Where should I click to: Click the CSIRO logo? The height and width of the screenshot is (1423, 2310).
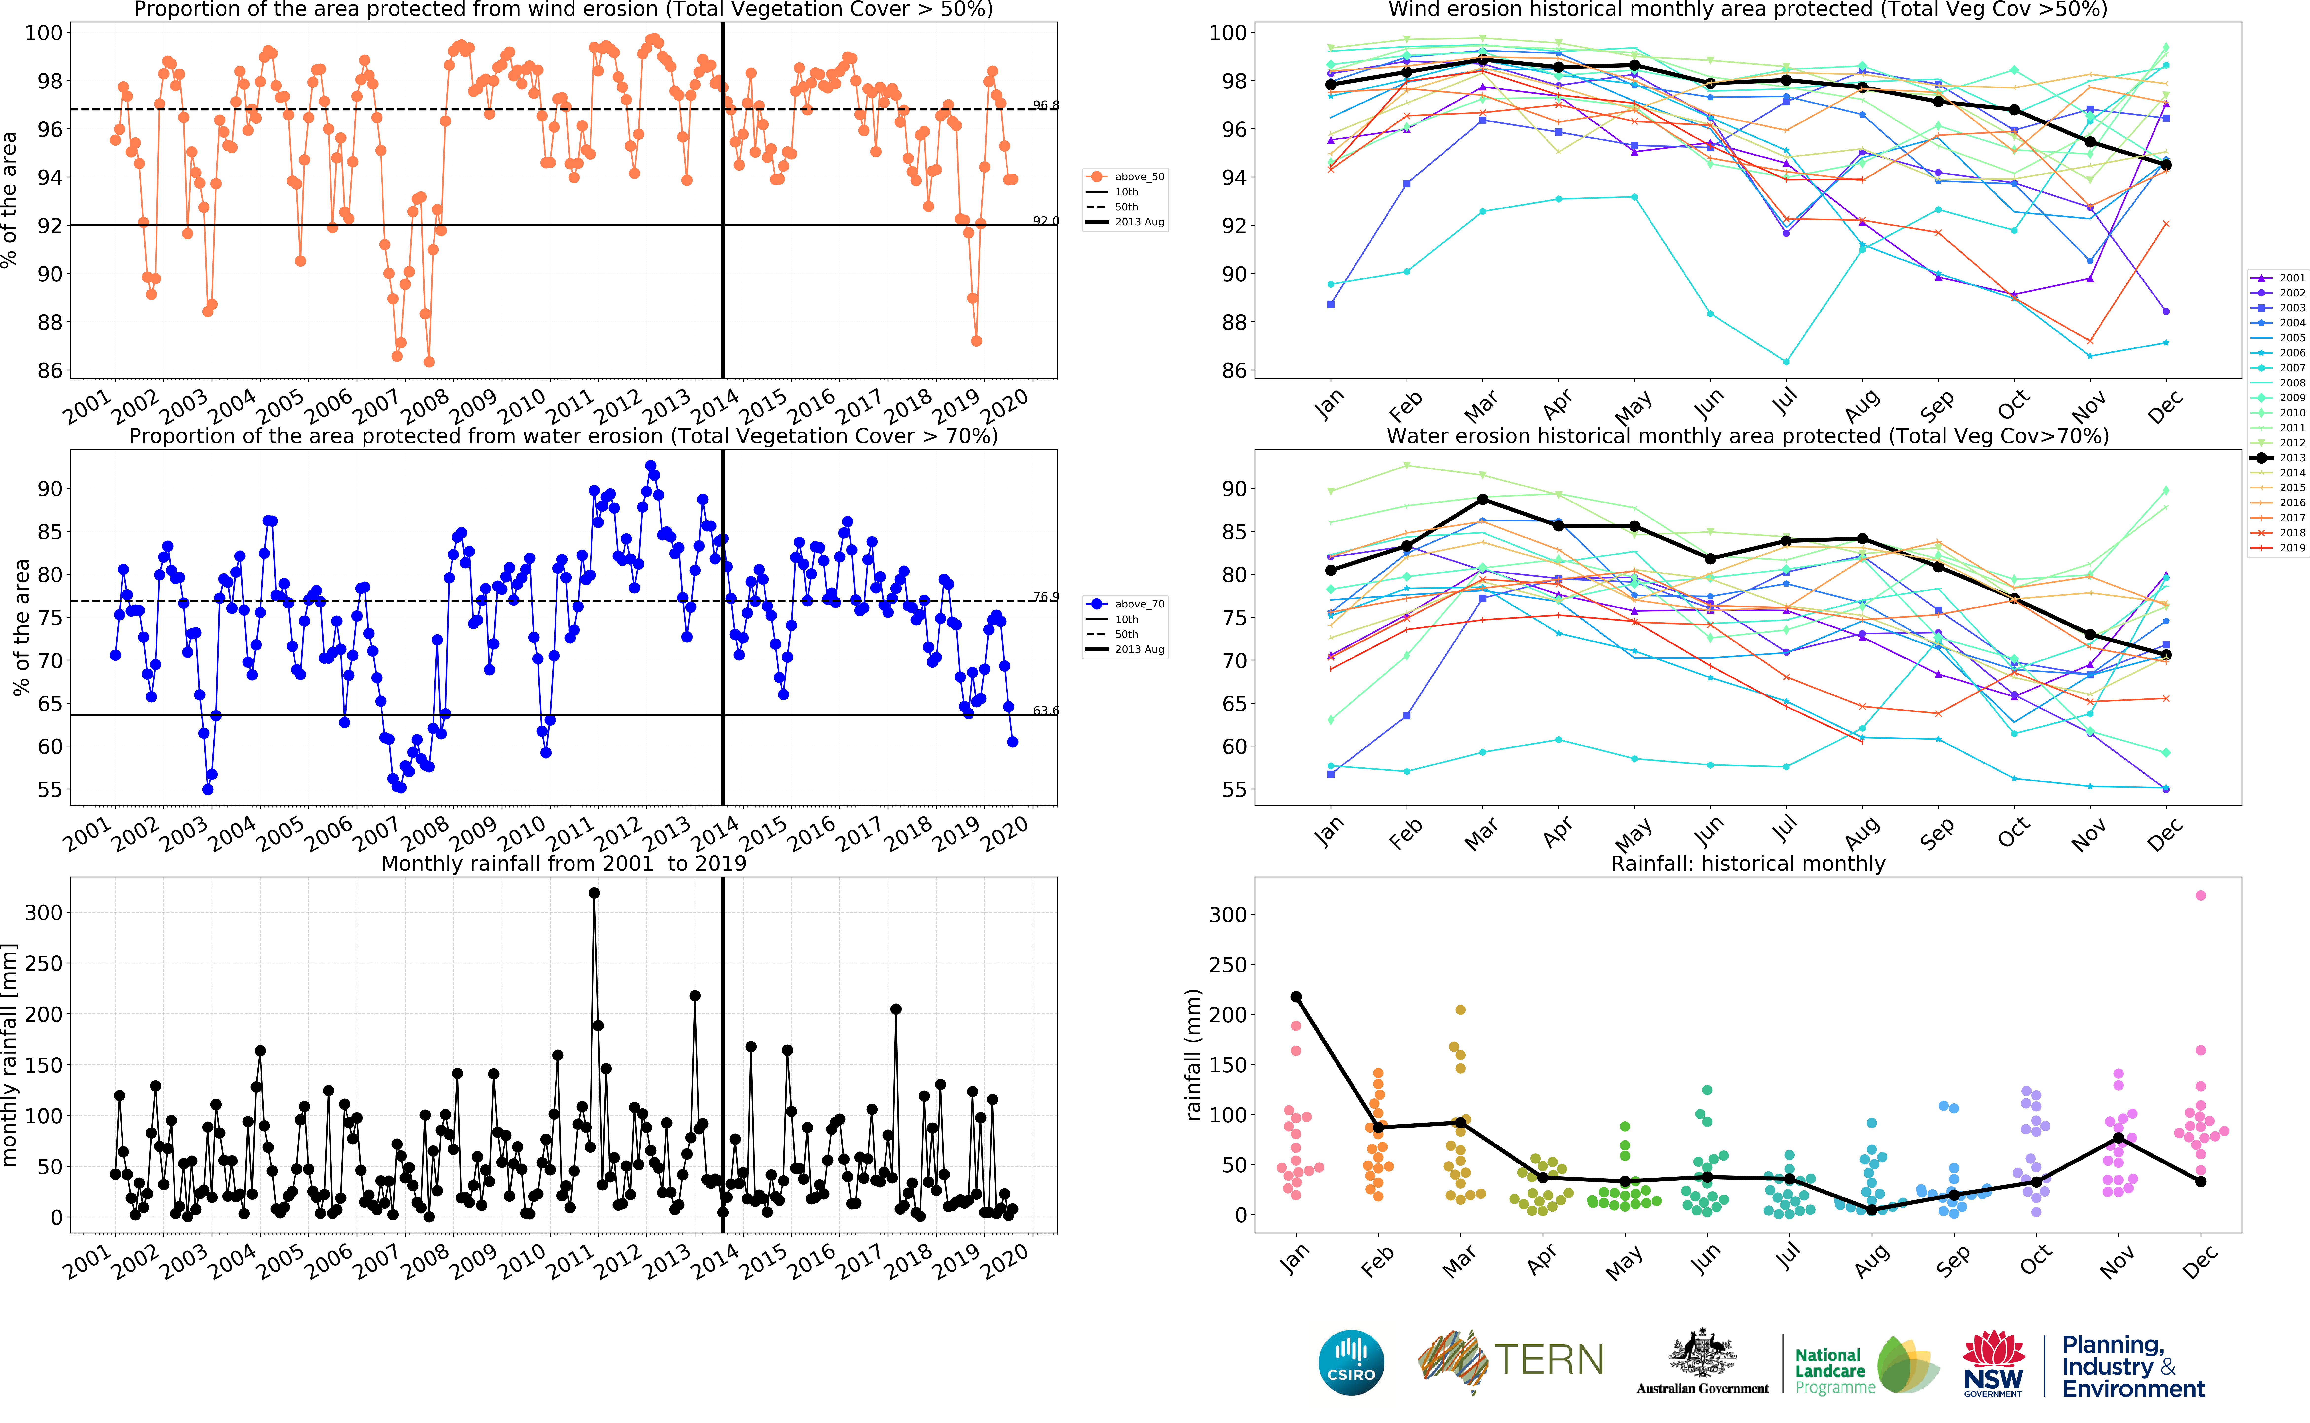pyautogui.click(x=1351, y=1362)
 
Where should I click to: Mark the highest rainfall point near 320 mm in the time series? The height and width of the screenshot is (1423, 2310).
pyautogui.click(x=594, y=893)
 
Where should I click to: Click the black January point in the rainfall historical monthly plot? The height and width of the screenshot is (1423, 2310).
pyautogui.click(x=1296, y=997)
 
